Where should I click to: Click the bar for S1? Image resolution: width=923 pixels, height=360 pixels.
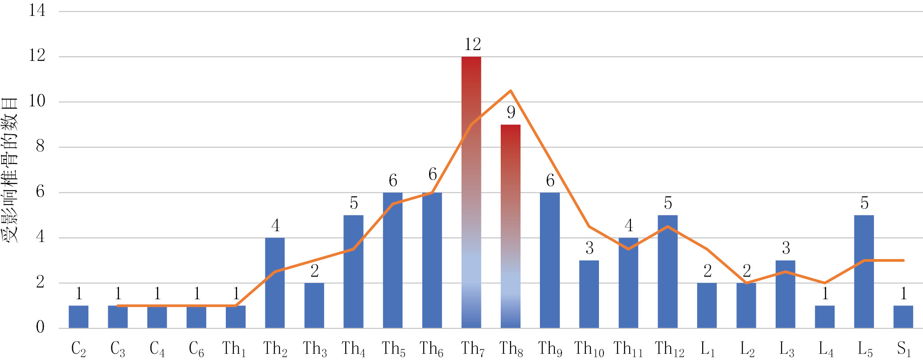pos(903,317)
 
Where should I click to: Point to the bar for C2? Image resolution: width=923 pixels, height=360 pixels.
pos(78,317)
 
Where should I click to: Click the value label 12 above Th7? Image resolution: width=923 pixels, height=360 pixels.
pos(472,44)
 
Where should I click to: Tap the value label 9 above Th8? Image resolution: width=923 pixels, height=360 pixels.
pos(511,112)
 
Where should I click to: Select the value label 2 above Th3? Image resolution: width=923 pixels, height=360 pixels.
pos(315,271)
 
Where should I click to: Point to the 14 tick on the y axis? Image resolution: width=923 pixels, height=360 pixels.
pos(37,10)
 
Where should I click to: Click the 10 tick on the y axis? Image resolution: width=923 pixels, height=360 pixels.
pos(37,101)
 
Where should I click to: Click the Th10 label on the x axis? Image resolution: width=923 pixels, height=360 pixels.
pos(589,349)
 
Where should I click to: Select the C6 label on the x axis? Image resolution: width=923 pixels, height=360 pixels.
pos(196,349)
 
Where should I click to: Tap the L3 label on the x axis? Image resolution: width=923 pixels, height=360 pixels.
pos(786,349)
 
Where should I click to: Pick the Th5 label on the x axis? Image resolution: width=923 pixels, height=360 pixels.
pos(393,349)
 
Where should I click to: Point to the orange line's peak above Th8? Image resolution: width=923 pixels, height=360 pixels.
pos(510,91)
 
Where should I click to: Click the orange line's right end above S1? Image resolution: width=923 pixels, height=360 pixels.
pos(903,260)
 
